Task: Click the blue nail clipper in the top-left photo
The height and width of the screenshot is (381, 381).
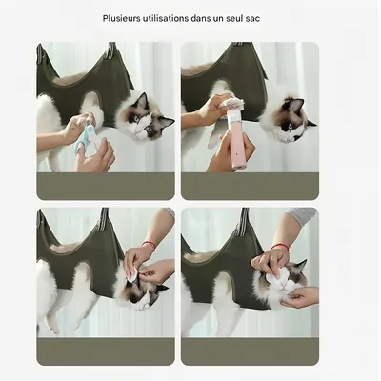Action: coord(89,134)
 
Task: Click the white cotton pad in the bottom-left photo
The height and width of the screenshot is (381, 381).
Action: coord(131,273)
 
